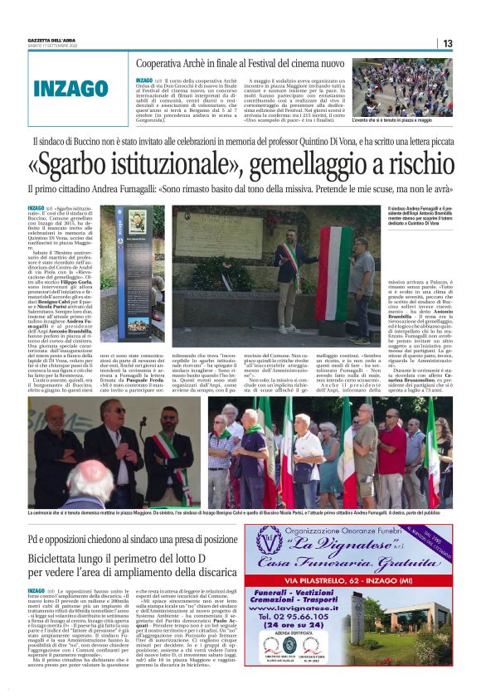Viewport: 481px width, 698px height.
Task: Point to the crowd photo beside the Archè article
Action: pyautogui.click(x=402, y=87)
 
